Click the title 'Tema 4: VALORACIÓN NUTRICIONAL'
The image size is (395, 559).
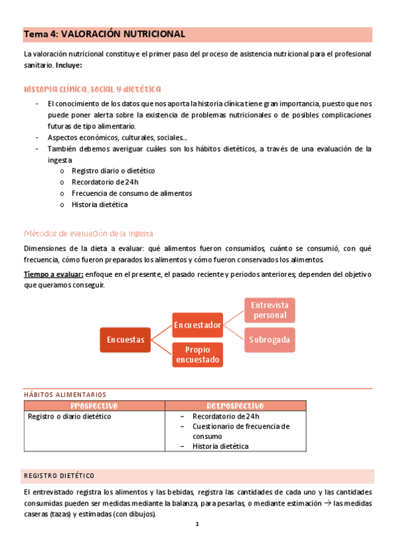tap(104, 34)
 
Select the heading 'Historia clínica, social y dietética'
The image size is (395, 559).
tap(92, 89)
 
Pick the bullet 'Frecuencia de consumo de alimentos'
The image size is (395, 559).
tap(131, 193)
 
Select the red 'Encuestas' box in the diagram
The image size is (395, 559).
tap(125, 339)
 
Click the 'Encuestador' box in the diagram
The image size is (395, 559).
tap(197, 324)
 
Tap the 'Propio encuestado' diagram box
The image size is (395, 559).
tap(197, 355)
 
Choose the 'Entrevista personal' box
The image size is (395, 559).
tap(270, 310)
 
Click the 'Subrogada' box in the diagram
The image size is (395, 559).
tap(270, 339)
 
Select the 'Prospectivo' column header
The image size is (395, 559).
tap(94, 405)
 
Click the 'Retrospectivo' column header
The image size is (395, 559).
tap(235, 405)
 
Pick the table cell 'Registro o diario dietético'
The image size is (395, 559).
tap(69, 417)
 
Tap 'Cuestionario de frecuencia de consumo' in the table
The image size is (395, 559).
tap(241, 431)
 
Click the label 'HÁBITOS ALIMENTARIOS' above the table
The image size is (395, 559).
tap(65, 394)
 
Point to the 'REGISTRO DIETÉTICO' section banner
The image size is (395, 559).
tap(59, 476)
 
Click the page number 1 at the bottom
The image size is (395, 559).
tap(197, 525)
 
